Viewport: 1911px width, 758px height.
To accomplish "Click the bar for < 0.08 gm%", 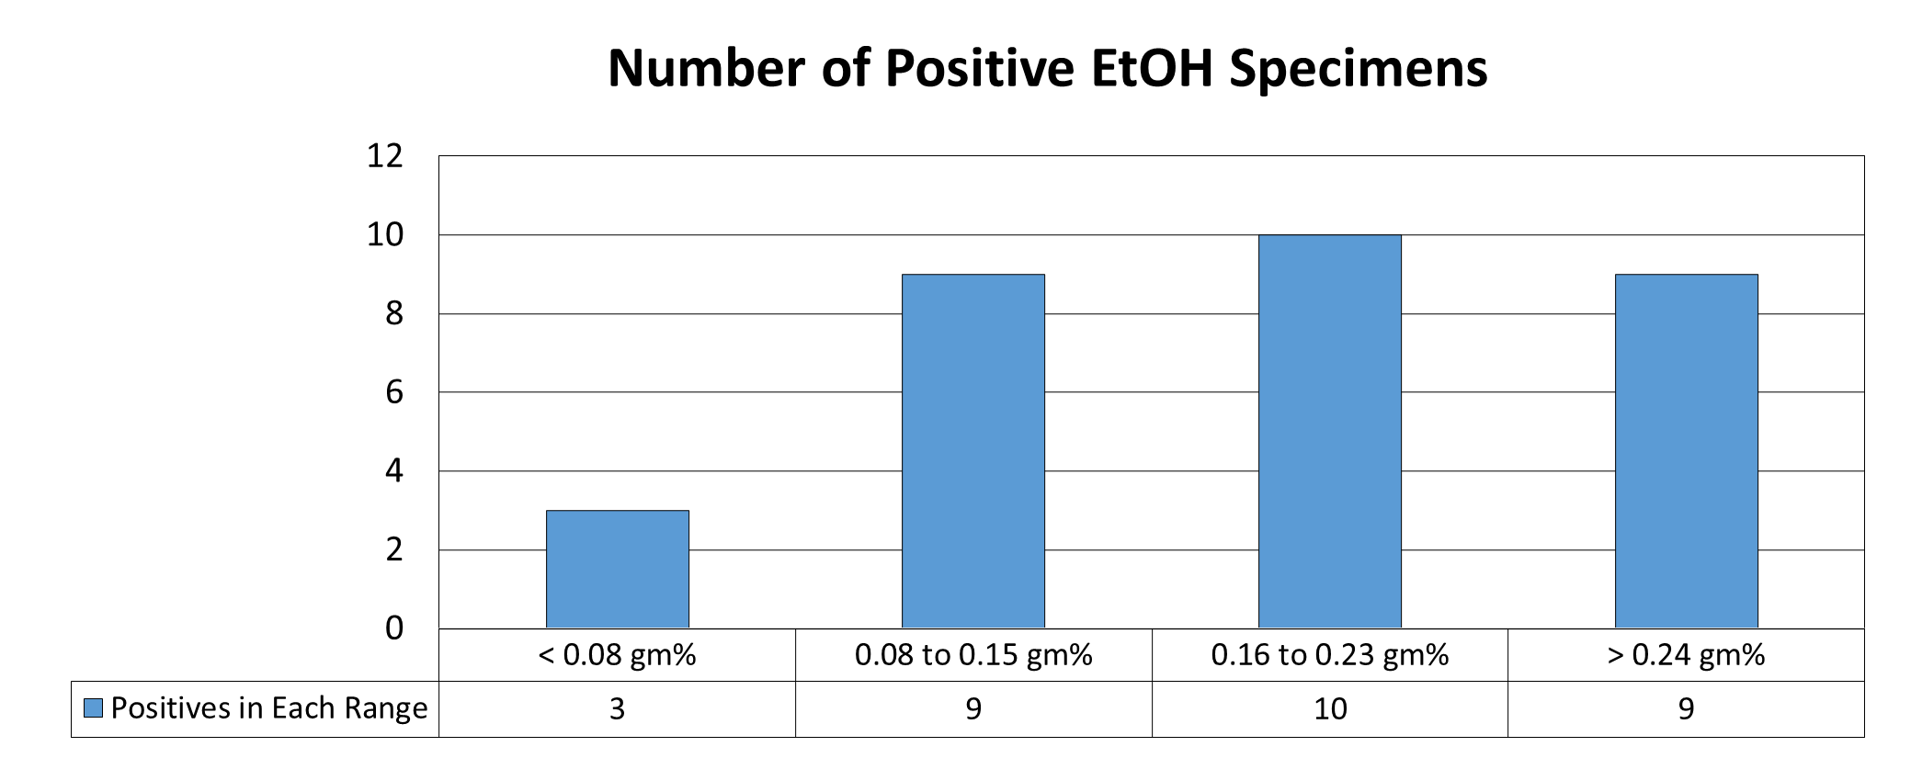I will [x=617, y=569].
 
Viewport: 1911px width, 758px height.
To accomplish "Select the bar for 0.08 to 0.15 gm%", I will [x=973, y=450].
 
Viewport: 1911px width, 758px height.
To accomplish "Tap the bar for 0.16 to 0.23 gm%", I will [x=1329, y=431].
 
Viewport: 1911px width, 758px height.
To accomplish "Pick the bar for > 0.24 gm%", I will [x=1686, y=450].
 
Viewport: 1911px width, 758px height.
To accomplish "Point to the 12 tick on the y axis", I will [x=384, y=156].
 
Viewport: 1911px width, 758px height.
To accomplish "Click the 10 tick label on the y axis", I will [x=384, y=235].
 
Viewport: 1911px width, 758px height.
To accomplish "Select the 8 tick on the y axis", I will [x=393, y=314].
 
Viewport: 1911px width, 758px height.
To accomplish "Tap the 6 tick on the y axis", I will [x=393, y=392].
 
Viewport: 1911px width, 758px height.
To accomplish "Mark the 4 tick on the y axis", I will [x=393, y=471].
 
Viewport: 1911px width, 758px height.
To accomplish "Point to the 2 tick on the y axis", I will [x=393, y=550].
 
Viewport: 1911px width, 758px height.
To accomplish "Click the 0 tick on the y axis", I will [x=393, y=628].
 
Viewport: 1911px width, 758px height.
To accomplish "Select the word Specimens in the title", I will [x=1359, y=68].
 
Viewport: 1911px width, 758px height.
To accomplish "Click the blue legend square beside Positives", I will [x=93, y=708].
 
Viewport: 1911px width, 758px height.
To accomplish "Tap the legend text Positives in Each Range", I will [x=268, y=708].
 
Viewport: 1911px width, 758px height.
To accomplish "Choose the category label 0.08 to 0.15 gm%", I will [x=973, y=655].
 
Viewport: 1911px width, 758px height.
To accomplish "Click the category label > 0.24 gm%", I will [x=1686, y=655].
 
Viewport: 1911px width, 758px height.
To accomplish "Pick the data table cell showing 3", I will [x=617, y=708].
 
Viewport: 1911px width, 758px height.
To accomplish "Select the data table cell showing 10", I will [x=1329, y=708].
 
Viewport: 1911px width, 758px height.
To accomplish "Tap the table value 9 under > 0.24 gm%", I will [x=1686, y=708].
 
